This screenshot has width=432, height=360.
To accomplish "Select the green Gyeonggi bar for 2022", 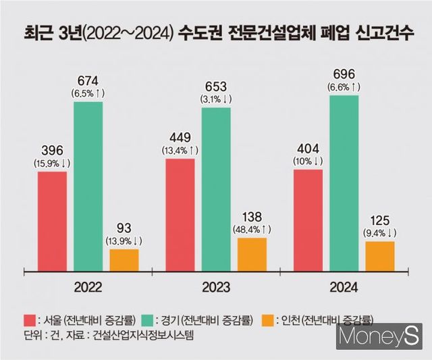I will pos(88,186).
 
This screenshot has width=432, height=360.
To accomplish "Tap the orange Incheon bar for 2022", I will pos(124,260).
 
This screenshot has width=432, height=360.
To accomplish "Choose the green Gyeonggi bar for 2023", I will pos(215,189).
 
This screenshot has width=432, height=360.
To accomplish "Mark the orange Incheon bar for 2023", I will pos(252,254).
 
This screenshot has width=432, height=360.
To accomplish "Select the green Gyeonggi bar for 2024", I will pos(344,183).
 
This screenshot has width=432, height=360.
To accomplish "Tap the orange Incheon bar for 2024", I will pos(380,256).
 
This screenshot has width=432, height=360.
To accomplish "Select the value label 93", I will pos(124,228).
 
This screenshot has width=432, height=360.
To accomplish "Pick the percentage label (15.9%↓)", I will pos(52,163).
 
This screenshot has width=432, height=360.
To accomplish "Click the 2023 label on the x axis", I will pos(215,286).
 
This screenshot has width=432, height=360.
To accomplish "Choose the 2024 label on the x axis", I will pos(344,286).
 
